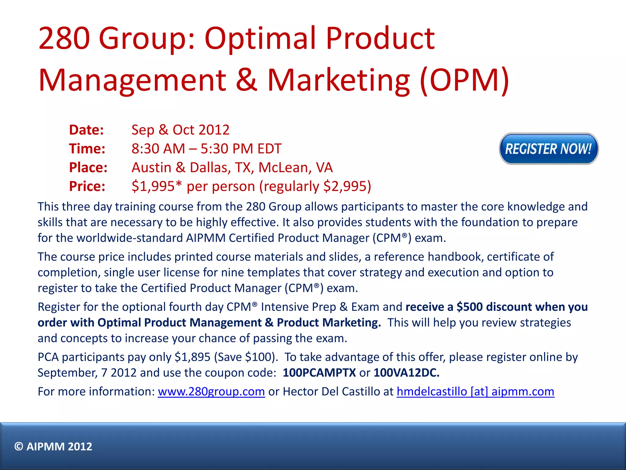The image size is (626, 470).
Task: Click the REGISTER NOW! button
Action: coord(549,149)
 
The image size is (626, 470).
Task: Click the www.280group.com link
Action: coord(211,391)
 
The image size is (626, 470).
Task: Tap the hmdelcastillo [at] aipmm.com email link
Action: coord(475,391)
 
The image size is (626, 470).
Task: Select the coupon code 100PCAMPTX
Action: coord(319,373)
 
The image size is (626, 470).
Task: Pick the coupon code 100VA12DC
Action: coord(406,373)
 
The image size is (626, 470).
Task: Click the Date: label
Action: coord(87,130)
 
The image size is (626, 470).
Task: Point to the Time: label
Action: coord(87,149)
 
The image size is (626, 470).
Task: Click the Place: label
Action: coord(88,167)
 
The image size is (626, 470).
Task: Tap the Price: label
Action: coord(87,186)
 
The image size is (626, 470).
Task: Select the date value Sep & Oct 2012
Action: coord(180,130)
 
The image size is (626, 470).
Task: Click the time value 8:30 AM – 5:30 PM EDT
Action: coord(206,149)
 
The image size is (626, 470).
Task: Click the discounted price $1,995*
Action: coord(156,186)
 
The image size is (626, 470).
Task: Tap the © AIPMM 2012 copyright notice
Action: coord(53,446)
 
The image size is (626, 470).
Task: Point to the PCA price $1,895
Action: coord(193,357)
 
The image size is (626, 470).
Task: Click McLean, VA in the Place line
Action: coord(295,167)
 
